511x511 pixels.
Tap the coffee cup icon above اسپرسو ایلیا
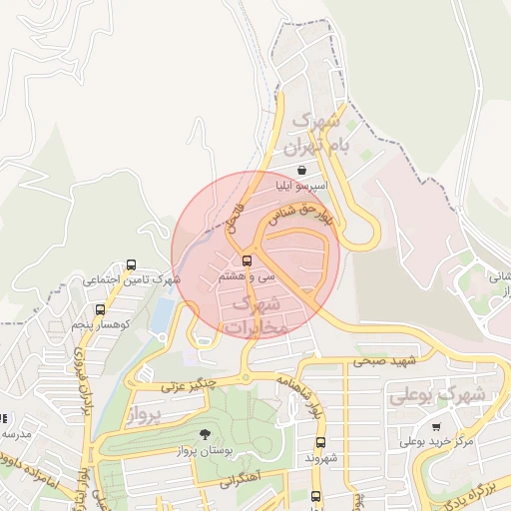coord(300,171)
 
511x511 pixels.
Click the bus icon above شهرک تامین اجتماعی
coord(131,265)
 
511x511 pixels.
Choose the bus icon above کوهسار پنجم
coord(100,310)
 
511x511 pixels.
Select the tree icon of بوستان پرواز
coord(205,434)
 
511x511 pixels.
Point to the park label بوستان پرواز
coord(205,451)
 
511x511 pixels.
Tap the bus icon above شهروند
coord(320,442)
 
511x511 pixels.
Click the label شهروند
coord(320,458)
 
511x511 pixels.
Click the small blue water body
coord(161,316)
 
